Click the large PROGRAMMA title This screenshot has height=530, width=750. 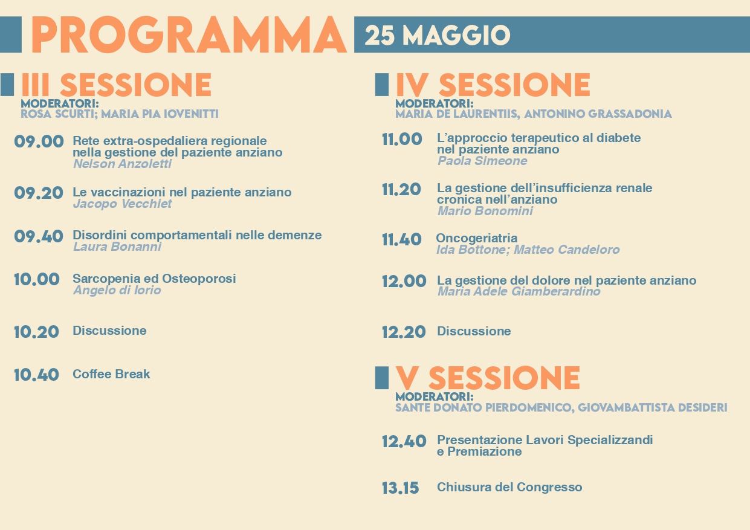click(x=189, y=35)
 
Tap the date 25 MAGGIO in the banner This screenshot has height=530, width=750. click(x=438, y=35)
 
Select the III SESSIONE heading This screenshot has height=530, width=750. click(x=116, y=85)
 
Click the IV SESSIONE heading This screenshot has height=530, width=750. click(x=493, y=85)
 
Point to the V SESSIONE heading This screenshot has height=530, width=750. click(x=488, y=378)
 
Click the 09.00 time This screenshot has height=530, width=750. click(x=39, y=141)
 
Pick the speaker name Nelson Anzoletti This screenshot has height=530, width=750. click(x=122, y=164)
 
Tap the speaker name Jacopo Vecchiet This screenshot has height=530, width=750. click(x=122, y=204)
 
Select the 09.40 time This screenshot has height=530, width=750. click(x=39, y=236)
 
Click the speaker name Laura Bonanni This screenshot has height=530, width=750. click(x=117, y=247)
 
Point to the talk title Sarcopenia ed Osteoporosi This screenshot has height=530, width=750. click(x=154, y=279)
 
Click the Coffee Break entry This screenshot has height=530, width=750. click(x=111, y=374)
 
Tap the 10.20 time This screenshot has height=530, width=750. click(x=36, y=332)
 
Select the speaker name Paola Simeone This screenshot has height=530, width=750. click(x=482, y=161)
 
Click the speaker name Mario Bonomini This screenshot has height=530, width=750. click(x=485, y=211)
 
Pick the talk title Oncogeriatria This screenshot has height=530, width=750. click(x=476, y=238)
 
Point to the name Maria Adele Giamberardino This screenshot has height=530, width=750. click(x=519, y=291)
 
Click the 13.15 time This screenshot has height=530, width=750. click(x=401, y=488)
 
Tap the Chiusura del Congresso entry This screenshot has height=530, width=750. click(x=509, y=487)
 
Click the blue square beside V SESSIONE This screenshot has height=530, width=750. click(x=382, y=378)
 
